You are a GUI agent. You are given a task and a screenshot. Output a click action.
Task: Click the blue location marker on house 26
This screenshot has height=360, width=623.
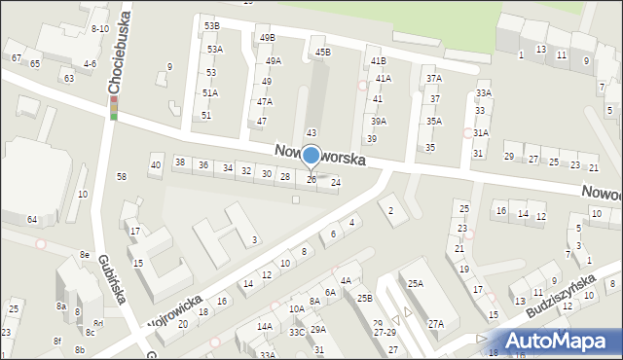click(311, 156)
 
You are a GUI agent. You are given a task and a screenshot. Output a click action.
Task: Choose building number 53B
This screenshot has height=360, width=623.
click(211, 25)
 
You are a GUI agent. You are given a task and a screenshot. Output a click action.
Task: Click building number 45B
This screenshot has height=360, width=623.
click(322, 52)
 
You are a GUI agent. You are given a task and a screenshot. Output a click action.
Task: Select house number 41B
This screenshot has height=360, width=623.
click(378, 60)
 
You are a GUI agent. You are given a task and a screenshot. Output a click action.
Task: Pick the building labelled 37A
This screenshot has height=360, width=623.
click(434, 78)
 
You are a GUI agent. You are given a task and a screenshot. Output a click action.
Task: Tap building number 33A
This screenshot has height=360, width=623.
click(484, 93)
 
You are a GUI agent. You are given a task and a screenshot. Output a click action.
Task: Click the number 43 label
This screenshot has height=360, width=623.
click(311, 132)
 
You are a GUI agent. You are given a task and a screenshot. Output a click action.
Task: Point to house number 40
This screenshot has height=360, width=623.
click(156, 165)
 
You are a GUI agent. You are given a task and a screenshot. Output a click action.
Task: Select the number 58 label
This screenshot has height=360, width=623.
click(122, 176)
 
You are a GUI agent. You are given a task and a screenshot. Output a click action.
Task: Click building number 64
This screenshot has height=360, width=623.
click(32, 220)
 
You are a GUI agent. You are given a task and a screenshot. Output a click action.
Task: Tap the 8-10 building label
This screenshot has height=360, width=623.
click(99, 29)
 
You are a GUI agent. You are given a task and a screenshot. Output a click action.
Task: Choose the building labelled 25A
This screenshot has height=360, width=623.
click(416, 283)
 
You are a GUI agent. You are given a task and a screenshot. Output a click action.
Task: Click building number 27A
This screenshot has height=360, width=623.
click(436, 324)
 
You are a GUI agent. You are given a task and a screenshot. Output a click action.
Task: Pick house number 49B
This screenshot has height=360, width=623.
click(267, 37)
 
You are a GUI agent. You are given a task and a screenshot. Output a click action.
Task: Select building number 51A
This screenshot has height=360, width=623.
click(210, 92)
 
